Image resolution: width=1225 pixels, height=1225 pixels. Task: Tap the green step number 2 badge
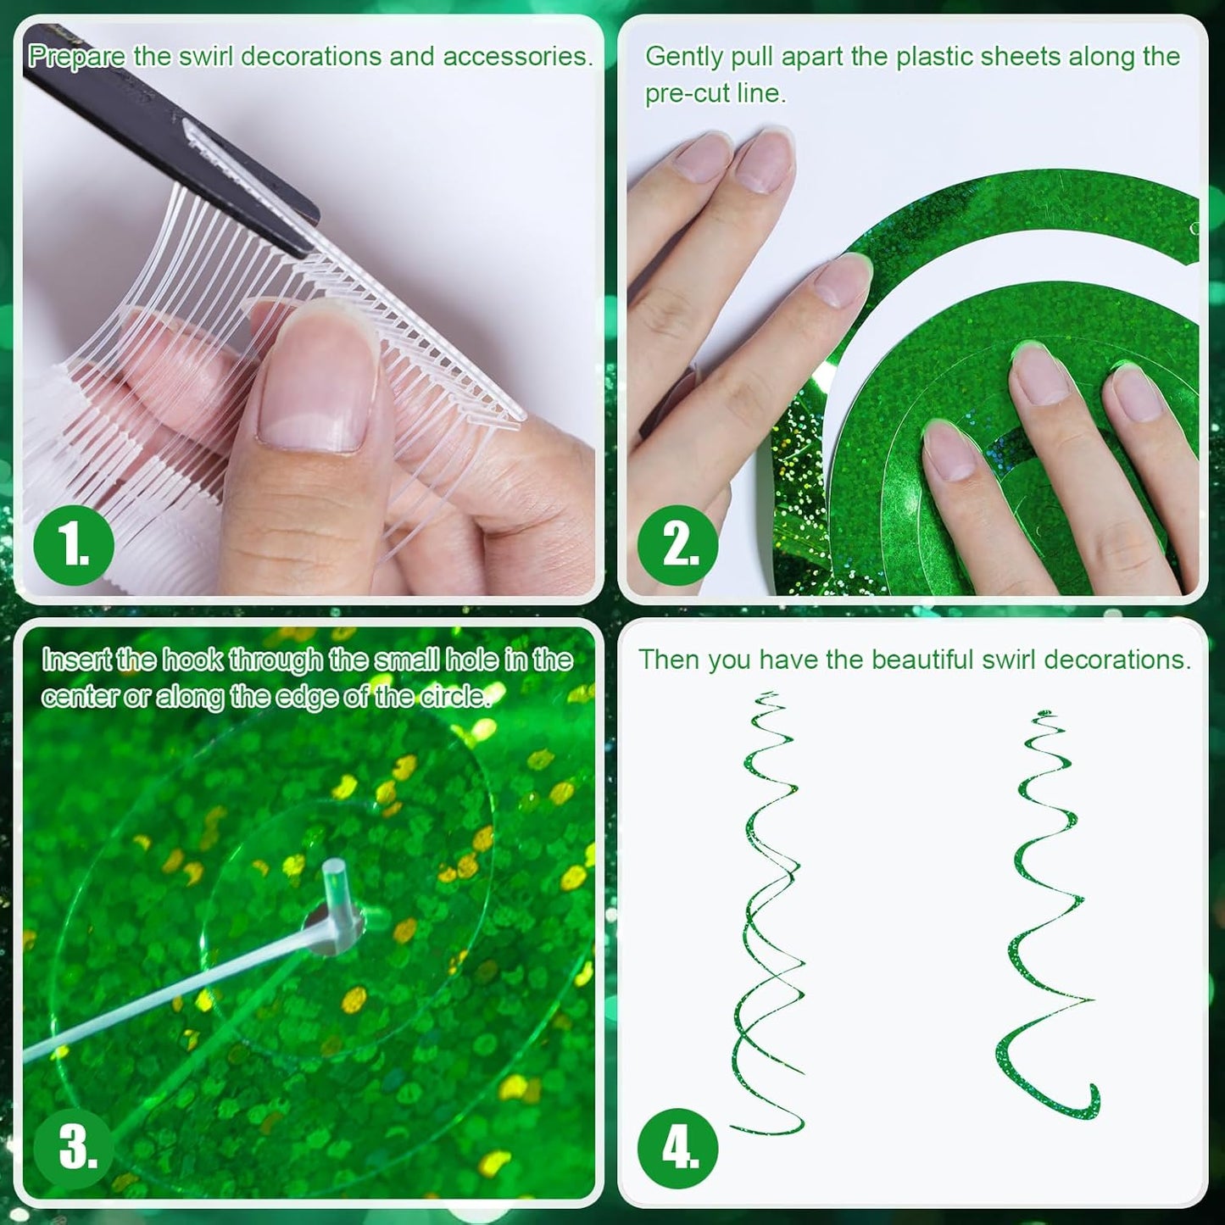[677, 546]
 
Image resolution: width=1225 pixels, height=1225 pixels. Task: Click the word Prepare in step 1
[77, 57]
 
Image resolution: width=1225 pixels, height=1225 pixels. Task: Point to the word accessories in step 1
[517, 57]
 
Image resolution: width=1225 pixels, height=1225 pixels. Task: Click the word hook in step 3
[193, 660]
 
